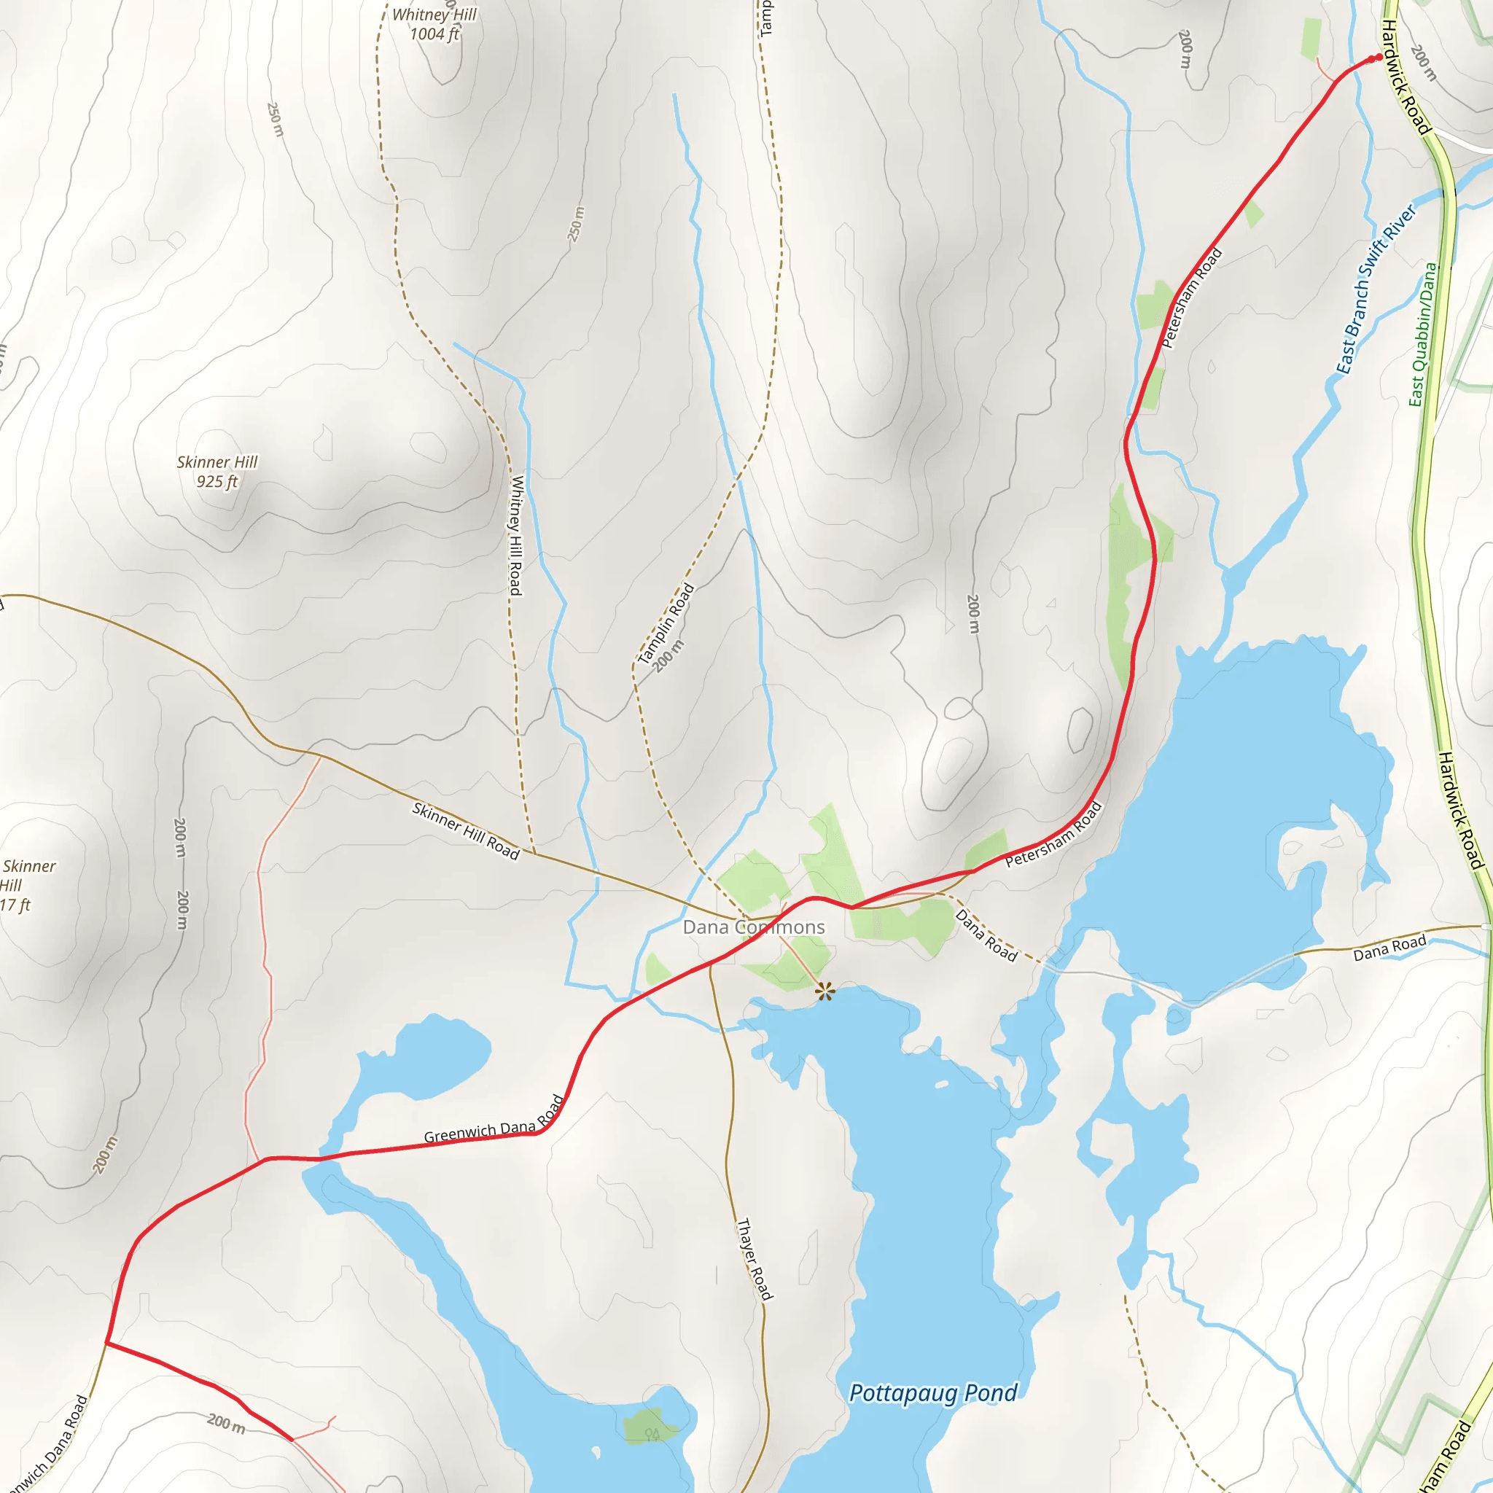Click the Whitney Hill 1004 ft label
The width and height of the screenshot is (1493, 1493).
click(x=434, y=24)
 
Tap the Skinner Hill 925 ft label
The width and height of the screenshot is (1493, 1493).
click(x=217, y=472)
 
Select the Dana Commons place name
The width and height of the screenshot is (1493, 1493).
click(x=754, y=927)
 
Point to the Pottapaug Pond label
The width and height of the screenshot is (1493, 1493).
click(x=932, y=1393)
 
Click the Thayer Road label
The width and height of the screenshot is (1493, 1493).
click(x=755, y=1259)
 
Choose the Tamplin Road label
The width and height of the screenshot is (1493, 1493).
click(x=666, y=623)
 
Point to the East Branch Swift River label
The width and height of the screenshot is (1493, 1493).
click(x=1376, y=289)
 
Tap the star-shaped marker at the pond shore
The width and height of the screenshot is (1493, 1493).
click(x=825, y=991)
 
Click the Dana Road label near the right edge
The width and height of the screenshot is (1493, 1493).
click(x=1389, y=948)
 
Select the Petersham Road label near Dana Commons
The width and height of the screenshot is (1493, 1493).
click(x=1053, y=835)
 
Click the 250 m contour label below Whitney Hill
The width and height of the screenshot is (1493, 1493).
click(x=576, y=224)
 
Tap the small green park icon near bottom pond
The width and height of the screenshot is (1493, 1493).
click(x=652, y=1434)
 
